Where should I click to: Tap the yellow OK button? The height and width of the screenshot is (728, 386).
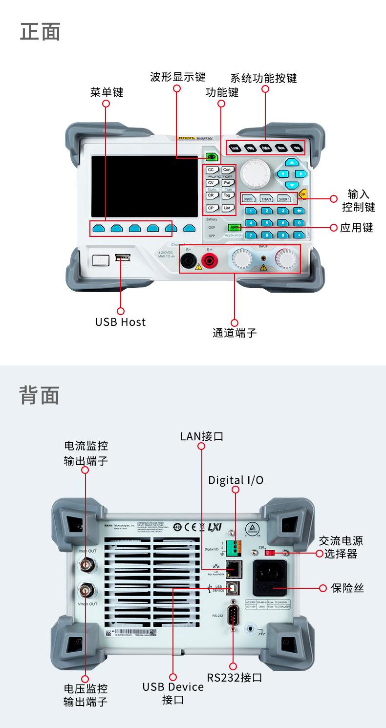pyautogui.click(x=303, y=194)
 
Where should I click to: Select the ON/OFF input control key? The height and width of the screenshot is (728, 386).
pyautogui.click(x=249, y=199)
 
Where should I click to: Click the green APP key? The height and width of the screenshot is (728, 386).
pyautogui.click(x=234, y=227)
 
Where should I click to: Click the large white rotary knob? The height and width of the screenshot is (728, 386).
pyautogui.click(x=255, y=172)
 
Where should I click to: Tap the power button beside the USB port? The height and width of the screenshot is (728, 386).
pyautogui.click(x=100, y=260)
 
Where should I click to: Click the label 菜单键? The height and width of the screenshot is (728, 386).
pyautogui.click(x=107, y=92)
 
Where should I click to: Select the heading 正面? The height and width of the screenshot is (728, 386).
pyautogui.click(x=40, y=32)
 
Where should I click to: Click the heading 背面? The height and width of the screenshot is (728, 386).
pyautogui.click(x=40, y=395)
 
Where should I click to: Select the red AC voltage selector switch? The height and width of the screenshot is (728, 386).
pyautogui.click(x=268, y=553)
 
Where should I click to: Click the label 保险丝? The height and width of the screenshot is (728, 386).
pyautogui.click(x=347, y=588)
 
